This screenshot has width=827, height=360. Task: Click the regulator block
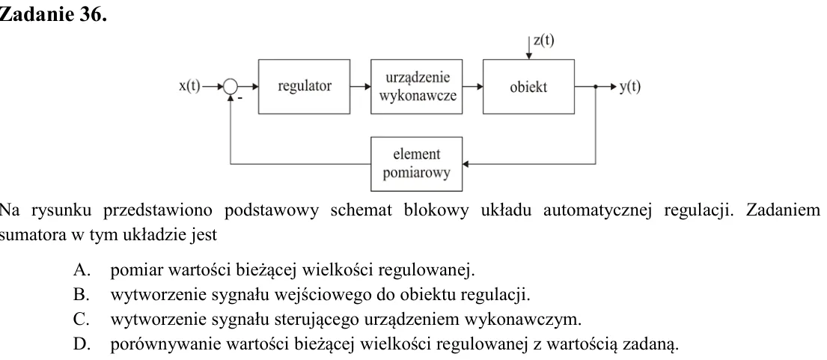304,86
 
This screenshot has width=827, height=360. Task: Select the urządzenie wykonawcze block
417,86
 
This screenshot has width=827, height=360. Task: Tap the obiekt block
528,86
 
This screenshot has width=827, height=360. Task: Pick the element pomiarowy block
417,164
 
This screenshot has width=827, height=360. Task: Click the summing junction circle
231,86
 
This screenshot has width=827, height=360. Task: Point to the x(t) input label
189,86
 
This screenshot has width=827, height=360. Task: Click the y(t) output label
629,86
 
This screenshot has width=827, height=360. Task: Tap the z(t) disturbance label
544,40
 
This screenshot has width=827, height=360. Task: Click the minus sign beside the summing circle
240,98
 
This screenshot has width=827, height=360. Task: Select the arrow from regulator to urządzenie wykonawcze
360,86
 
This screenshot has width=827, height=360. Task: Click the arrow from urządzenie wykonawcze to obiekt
472,86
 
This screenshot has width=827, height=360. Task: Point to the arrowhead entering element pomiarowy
466,164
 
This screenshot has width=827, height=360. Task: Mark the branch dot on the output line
596,86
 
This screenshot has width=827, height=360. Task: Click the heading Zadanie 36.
53,15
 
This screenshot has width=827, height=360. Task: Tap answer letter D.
80,344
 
